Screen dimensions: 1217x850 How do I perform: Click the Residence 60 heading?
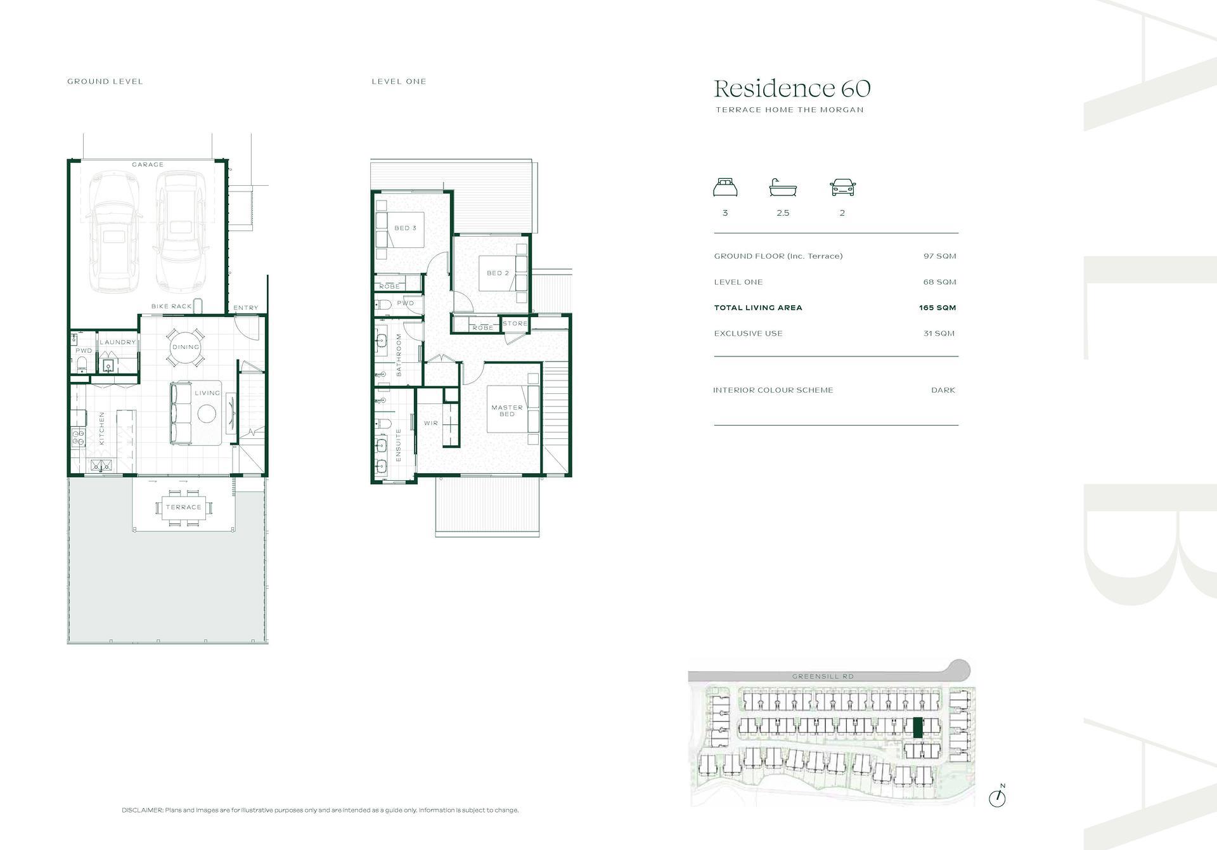click(x=792, y=88)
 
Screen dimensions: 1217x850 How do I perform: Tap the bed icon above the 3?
click(x=725, y=188)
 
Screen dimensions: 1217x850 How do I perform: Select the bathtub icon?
click(x=783, y=188)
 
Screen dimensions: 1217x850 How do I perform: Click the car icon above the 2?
click(x=842, y=188)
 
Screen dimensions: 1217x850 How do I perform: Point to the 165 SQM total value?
click(x=937, y=308)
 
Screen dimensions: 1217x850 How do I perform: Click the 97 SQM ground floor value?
click(x=939, y=256)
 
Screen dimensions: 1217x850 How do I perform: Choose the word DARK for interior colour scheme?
click(x=943, y=390)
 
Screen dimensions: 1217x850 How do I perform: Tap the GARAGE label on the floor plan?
click(x=148, y=164)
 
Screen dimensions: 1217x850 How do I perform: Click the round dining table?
click(x=186, y=347)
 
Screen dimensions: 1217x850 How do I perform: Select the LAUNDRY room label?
click(x=118, y=342)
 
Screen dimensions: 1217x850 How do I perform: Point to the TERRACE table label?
click(x=183, y=507)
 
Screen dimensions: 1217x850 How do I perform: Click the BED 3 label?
click(x=406, y=228)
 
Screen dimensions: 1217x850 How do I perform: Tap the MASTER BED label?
click(x=507, y=411)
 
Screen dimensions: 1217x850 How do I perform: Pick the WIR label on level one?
click(x=431, y=423)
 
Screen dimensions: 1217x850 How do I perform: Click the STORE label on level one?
click(x=515, y=324)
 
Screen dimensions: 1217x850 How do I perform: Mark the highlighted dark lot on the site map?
click(x=917, y=728)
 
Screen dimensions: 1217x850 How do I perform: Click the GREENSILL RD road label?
click(x=823, y=676)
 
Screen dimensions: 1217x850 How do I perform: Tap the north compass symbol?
click(x=997, y=797)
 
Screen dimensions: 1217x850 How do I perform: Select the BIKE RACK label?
click(x=171, y=306)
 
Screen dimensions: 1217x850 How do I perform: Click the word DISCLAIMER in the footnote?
click(x=143, y=810)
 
